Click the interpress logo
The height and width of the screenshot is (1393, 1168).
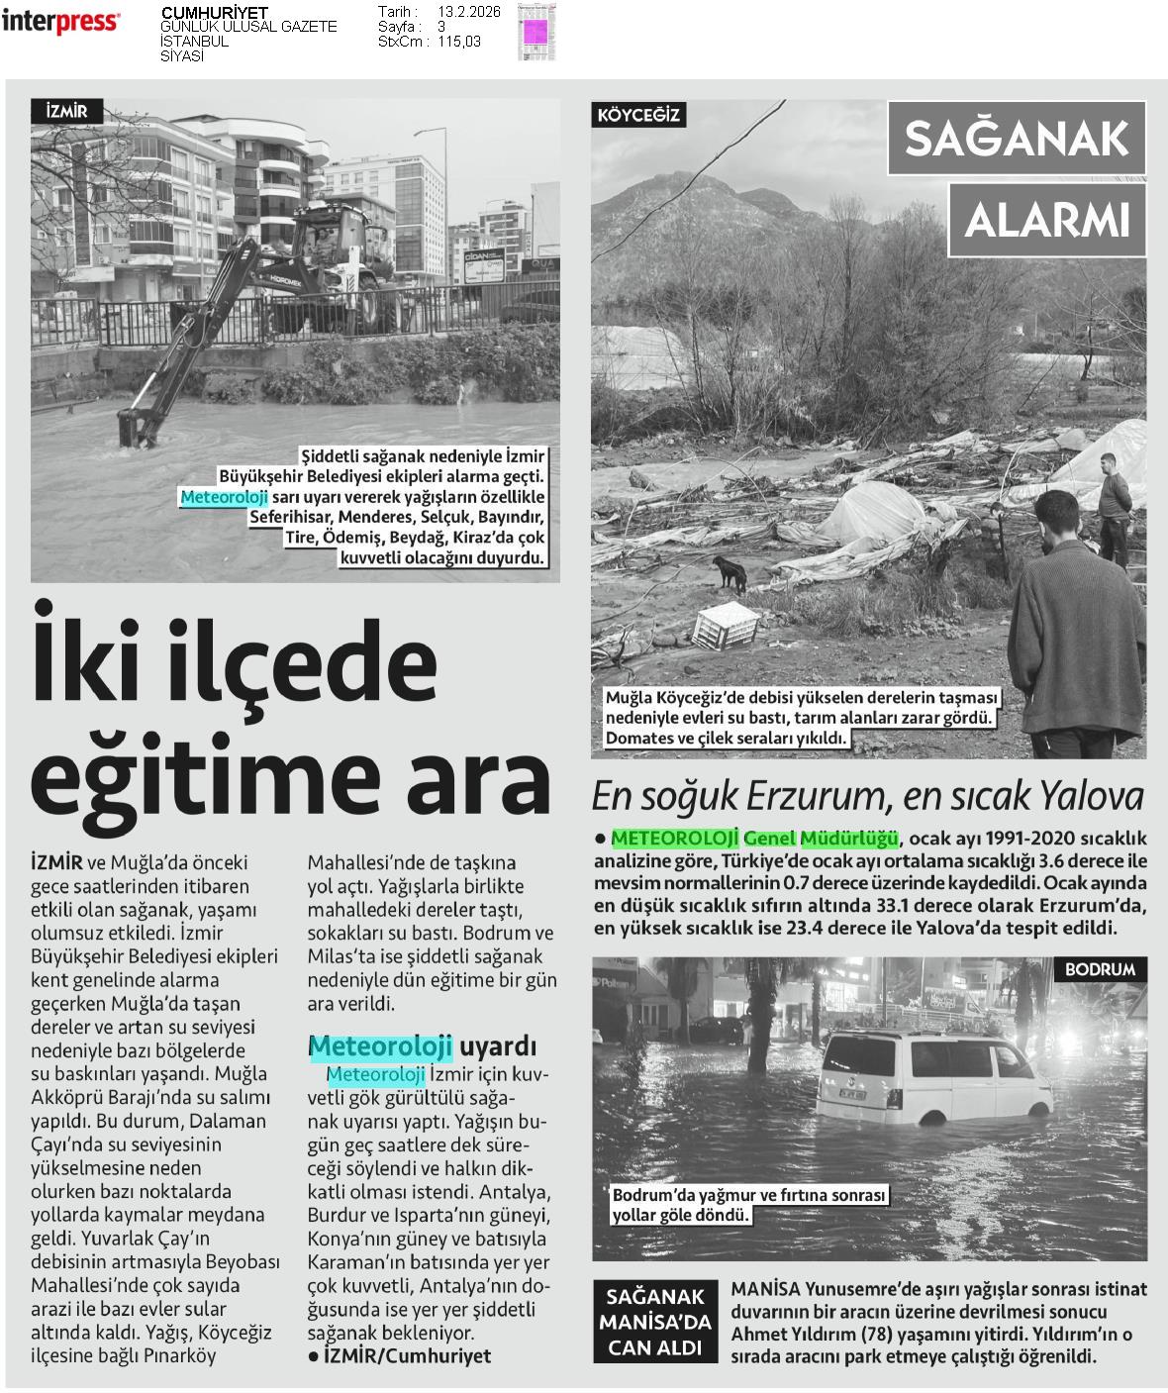pos(60,21)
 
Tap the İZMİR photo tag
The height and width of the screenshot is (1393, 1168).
pos(66,112)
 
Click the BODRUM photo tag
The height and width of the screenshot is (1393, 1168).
pos(1100,968)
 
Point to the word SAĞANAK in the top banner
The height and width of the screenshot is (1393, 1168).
pos(1017,139)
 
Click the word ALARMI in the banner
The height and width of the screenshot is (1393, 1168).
pos(1047,220)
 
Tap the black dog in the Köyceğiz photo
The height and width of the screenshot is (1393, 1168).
pos(730,571)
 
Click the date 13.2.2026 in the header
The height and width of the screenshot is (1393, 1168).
pos(468,11)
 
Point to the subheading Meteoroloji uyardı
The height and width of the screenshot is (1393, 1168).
pos(423,1045)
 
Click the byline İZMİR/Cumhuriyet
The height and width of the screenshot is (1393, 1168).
pos(407,1355)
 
